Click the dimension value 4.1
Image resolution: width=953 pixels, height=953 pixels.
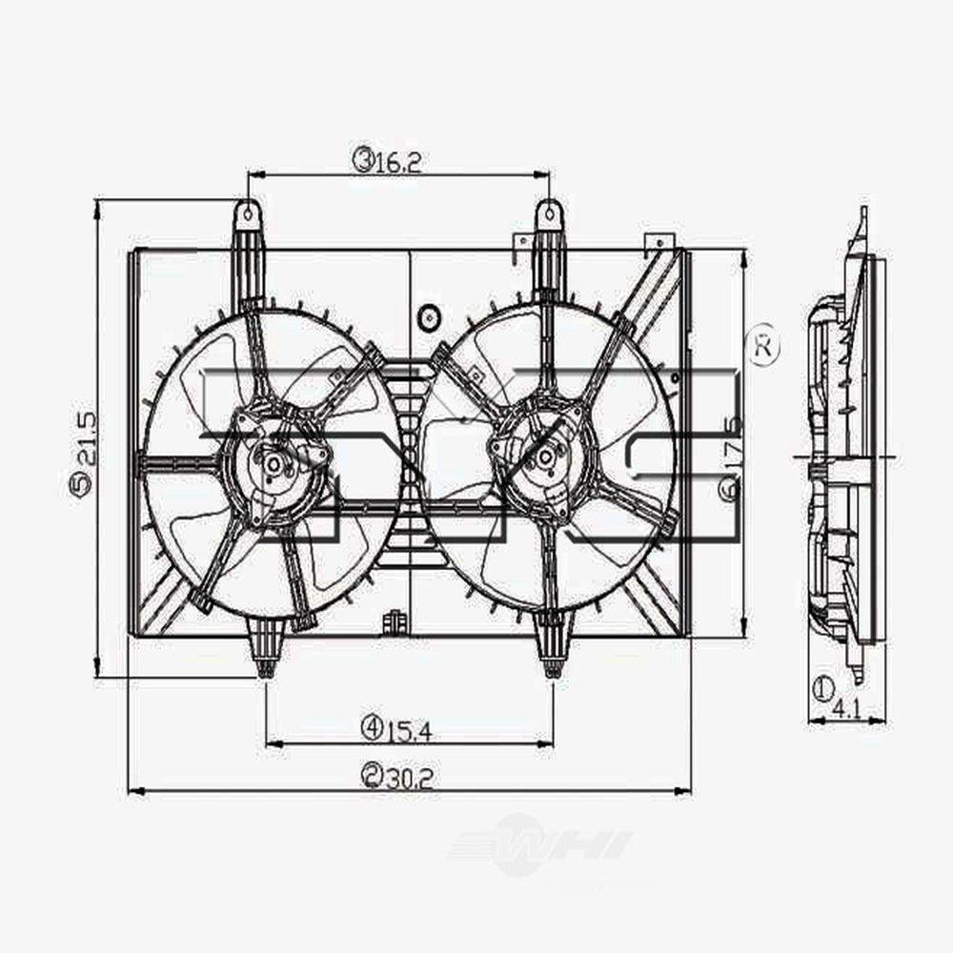click(846, 708)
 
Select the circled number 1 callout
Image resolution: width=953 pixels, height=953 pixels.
click(822, 687)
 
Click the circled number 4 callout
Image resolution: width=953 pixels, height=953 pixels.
click(372, 729)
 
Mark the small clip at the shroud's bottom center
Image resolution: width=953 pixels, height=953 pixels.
click(392, 622)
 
